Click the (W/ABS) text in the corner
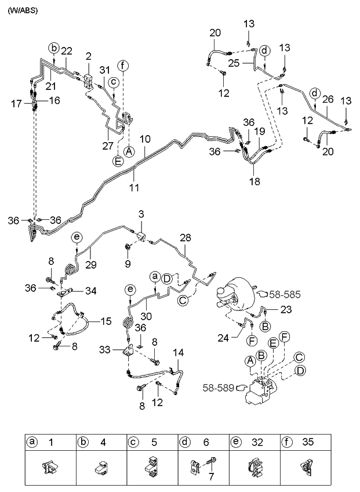pos(23,10)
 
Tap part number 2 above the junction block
pos(89,56)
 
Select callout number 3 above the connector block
pos(140,215)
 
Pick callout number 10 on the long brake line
pos(145,139)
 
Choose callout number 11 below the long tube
pos(134,188)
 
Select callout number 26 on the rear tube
pos(328,100)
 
